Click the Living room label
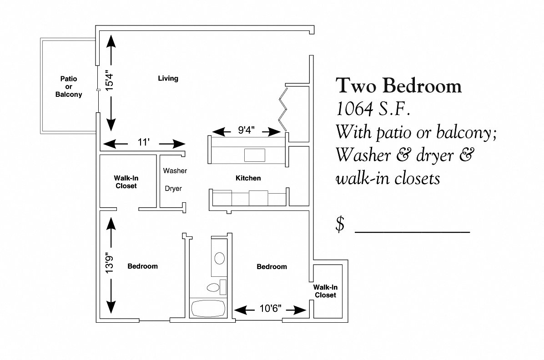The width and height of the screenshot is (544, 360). pos(168,78)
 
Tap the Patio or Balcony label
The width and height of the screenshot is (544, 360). pos(69,87)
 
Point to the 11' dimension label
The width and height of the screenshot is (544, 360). pos(144,142)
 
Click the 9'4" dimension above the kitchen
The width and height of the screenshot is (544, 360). pos(247,130)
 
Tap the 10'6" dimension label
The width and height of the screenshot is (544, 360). pos(270,308)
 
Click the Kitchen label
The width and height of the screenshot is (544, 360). pos(248,178)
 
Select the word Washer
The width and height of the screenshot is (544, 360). pos(175,170)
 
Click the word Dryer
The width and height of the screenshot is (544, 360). pos(173,189)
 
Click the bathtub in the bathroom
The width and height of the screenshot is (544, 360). pos(208,308)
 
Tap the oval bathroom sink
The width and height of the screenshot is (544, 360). pos(219,258)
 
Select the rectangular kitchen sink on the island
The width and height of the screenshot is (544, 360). pos(255,155)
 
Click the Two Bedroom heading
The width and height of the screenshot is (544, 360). pos(398,85)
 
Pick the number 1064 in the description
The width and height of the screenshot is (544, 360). pos(354,109)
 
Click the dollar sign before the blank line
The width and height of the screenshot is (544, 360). pos(340,224)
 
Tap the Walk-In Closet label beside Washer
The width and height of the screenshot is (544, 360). pos(126,182)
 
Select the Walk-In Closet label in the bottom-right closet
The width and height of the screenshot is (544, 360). pos(325,291)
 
